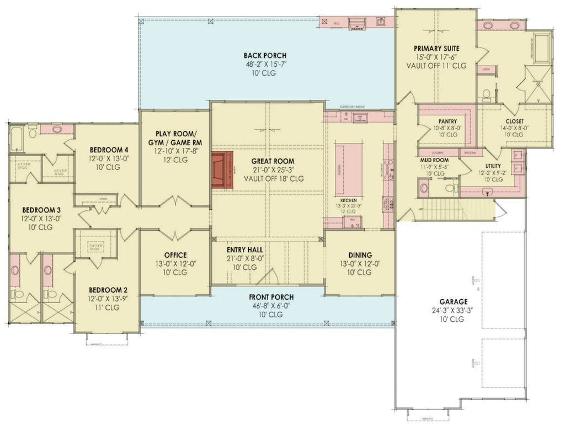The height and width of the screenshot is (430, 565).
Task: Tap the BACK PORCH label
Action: pyautogui.click(x=265, y=55)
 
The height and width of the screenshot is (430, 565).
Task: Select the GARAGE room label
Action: pyautogui.click(x=454, y=302)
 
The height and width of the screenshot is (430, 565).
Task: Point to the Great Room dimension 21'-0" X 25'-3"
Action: pyautogui.click(x=265, y=171)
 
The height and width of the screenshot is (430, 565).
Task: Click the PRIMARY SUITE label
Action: pyautogui.click(x=437, y=49)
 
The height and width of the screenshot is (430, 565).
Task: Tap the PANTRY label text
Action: pyautogui.click(x=447, y=121)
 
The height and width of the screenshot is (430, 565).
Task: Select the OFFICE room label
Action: pyautogui.click(x=175, y=255)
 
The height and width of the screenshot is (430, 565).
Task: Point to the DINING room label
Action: pyautogui.click(x=360, y=255)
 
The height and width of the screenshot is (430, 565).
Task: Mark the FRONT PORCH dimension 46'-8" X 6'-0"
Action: pyautogui.click(x=265, y=305)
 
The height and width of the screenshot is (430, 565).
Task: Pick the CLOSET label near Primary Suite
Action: pyautogui.click(x=514, y=121)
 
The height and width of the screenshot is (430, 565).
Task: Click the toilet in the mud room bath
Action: pyautogui.click(x=424, y=188)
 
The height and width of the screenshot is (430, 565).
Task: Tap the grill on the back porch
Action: pyautogui.click(x=358, y=23)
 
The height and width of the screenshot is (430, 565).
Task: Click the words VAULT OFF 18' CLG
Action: pyautogui.click(x=265, y=179)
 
